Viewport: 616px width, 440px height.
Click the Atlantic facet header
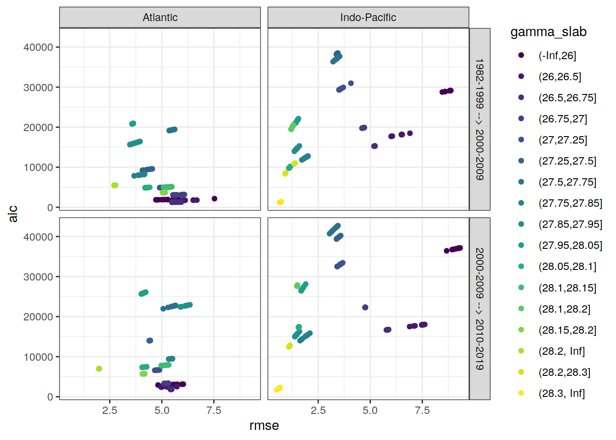click(160, 17)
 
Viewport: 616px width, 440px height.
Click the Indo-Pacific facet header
click(368, 17)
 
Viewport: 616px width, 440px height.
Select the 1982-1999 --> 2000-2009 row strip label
click(479, 119)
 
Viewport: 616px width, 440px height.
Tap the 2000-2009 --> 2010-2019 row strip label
click(479, 308)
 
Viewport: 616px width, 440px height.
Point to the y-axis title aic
click(13, 214)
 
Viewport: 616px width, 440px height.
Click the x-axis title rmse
click(264, 426)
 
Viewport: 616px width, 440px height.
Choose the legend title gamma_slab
click(548, 32)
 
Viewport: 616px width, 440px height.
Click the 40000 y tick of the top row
click(38, 47)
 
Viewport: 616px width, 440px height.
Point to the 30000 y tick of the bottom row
click(38, 277)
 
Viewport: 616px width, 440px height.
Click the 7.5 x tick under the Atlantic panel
click(214, 410)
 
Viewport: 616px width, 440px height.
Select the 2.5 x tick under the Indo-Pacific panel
click(318, 410)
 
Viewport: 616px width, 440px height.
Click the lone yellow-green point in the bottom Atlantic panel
click(99, 369)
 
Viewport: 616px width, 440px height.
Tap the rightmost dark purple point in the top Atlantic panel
click(214, 199)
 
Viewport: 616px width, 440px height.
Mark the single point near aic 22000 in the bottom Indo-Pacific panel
click(365, 308)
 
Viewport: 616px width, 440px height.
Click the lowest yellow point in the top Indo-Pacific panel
click(280, 202)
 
